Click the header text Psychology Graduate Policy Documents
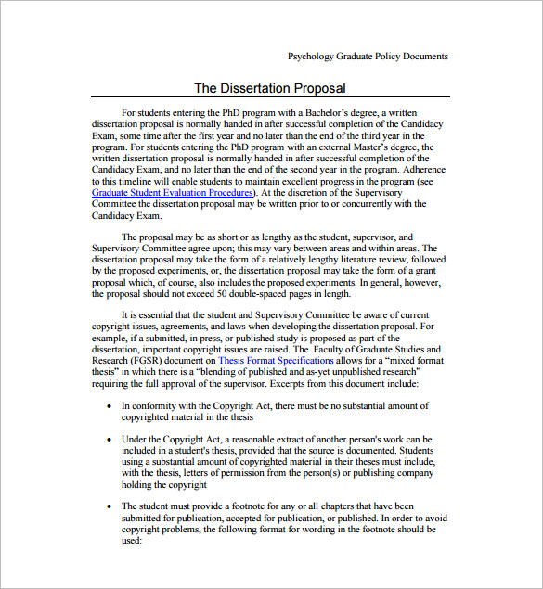[x=368, y=56]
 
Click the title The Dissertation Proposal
[x=269, y=88]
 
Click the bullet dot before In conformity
[x=110, y=406]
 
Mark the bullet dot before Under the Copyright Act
[x=110, y=440]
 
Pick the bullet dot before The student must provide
[x=110, y=507]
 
